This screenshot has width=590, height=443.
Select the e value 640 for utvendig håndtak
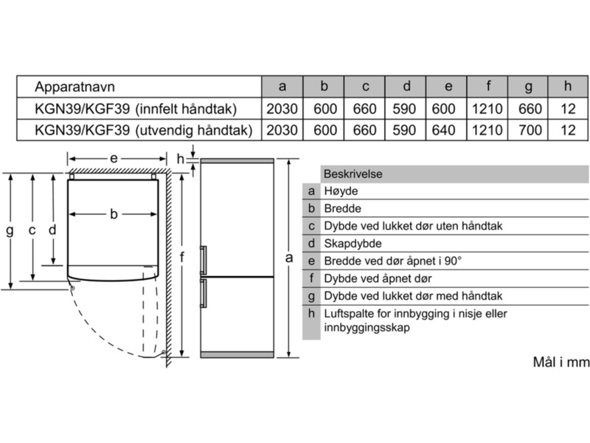point(448,131)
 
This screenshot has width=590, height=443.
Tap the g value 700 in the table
point(528,131)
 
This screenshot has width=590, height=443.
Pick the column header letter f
point(488,87)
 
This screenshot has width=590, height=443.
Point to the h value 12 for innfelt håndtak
point(568,109)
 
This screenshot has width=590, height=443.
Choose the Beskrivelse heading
point(353,174)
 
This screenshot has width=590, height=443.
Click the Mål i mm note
point(560,363)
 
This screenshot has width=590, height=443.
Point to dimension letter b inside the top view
point(114,215)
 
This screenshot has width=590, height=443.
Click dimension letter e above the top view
point(114,157)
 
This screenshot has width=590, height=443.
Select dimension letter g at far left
point(10,230)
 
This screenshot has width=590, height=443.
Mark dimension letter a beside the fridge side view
point(289,258)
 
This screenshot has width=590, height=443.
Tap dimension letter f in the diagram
point(181,258)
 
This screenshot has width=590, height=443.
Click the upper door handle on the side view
point(204,260)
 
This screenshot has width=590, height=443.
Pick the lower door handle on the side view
point(204,294)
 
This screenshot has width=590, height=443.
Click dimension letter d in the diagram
point(52,230)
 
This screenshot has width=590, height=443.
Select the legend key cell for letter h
point(312,313)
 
